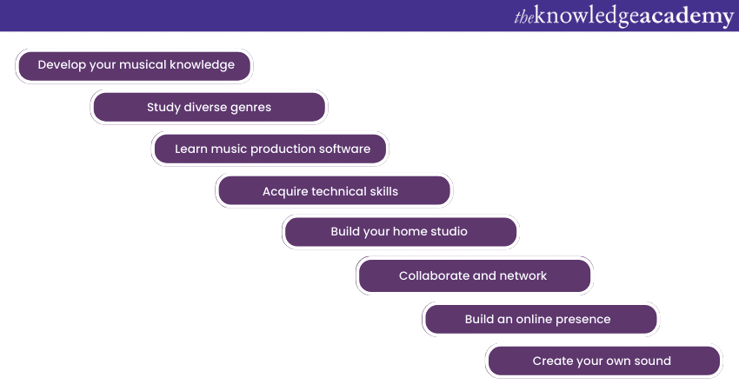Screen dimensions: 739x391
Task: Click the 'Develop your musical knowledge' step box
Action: click(134, 66)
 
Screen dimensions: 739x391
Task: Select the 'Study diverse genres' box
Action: click(210, 107)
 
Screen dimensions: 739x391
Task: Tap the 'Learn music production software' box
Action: click(270, 149)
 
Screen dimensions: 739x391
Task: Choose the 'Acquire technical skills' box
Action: click(335, 191)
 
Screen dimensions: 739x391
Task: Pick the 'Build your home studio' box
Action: click(401, 231)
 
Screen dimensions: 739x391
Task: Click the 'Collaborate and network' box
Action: click(475, 275)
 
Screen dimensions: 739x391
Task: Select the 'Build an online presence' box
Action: click(541, 319)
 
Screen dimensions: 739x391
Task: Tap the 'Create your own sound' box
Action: click(604, 361)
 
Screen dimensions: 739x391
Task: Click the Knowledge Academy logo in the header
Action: click(624, 17)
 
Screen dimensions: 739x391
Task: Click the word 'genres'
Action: click(250, 108)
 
